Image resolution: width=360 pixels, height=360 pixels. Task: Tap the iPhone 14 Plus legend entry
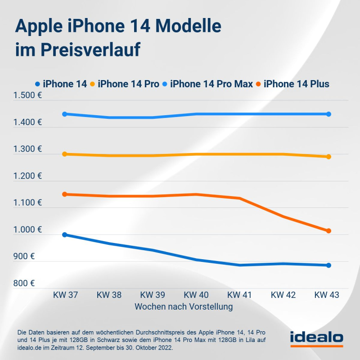pos(296,84)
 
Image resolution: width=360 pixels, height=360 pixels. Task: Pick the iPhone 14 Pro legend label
pos(128,84)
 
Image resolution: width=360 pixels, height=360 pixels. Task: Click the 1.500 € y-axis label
pos(28,95)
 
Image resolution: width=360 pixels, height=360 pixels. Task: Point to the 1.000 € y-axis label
pos(28,230)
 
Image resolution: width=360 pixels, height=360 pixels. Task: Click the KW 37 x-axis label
pos(65,295)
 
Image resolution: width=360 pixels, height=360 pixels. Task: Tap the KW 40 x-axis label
pos(196,295)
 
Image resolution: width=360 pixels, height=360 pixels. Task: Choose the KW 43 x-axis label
pos(327,295)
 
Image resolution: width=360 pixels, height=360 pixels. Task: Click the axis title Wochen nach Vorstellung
pos(184,307)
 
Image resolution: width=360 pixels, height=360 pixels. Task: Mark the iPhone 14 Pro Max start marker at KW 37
pos(65,114)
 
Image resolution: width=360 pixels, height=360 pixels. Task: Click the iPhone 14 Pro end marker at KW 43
pos(328,157)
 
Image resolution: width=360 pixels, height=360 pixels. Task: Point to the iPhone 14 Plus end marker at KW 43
pos(328,231)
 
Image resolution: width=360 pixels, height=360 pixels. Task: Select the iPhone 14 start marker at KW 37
pos(65,234)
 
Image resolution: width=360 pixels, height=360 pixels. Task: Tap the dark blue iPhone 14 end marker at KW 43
pos(328,265)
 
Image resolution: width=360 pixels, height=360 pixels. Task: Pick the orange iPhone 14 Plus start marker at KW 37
pos(65,194)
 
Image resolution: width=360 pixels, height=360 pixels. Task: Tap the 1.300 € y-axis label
pos(28,149)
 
